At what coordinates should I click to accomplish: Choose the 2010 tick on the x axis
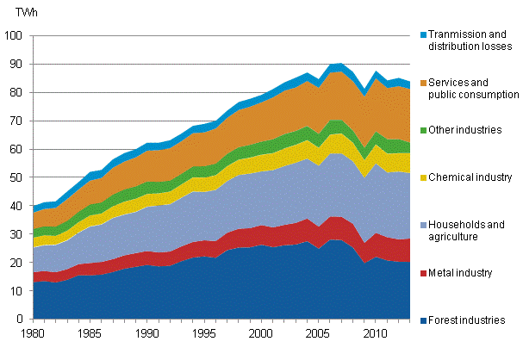pos(371,332)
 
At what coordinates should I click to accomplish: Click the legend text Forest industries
pos(466,320)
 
